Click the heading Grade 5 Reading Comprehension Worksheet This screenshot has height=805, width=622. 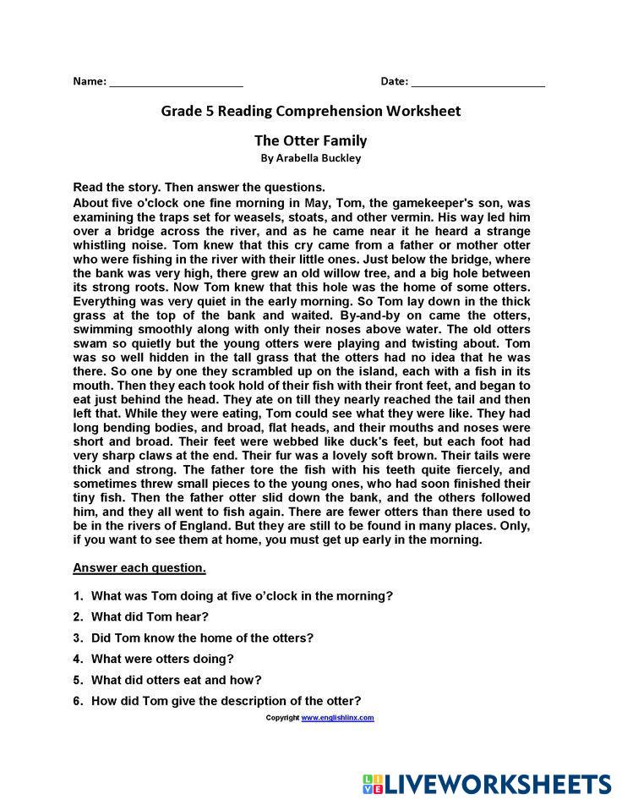[311, 111]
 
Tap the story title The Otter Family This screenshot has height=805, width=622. [311, 140]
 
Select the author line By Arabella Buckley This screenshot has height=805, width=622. [311, 158]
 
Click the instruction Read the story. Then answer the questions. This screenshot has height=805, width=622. [199, 187]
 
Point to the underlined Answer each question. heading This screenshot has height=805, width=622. [139, 567]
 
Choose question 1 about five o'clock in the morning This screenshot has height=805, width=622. [242, 595]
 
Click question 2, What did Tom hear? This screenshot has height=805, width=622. [150, 616]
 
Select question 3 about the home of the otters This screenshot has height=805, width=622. [202, 638]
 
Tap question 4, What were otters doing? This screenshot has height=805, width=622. [162, 659]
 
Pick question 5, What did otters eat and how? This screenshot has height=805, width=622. [176, 680]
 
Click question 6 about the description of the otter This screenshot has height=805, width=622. [226, 701]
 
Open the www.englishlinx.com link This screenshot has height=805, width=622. [337, 718]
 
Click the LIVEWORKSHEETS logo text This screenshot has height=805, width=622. [499, 784]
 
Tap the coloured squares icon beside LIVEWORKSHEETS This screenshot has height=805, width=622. [373, 784]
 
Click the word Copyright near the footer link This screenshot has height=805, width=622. [282, 718]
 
